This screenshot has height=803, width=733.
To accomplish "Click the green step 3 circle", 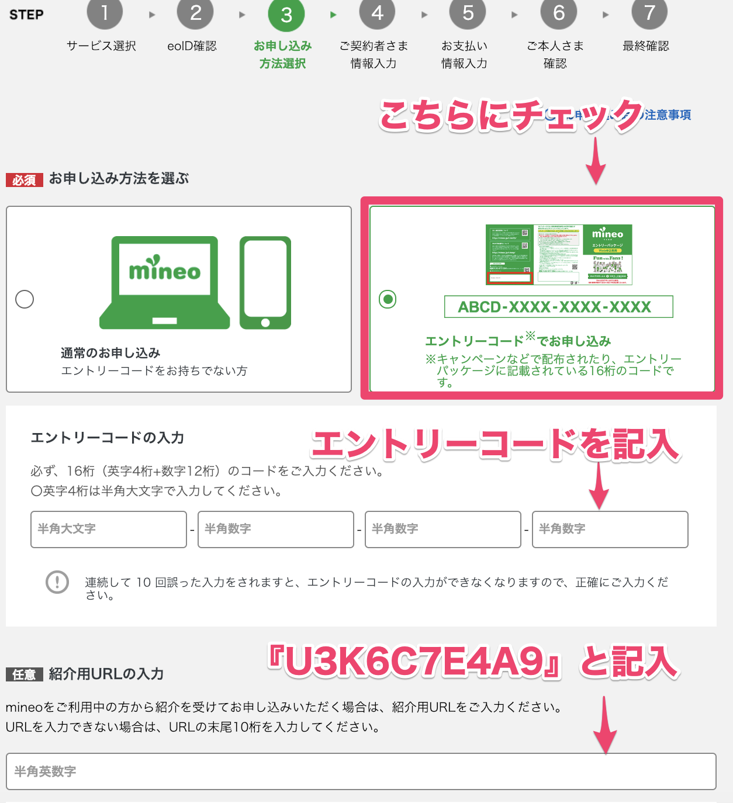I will [x=286, y=14].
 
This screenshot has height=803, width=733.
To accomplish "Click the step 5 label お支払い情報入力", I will [x=464, y=54].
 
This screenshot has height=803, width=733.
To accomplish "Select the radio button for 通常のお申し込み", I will [x=25, y=299].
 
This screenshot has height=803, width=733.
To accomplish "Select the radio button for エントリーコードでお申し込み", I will [x=388, y=299].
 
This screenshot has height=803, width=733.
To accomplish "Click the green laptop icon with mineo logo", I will [x=165, y=282].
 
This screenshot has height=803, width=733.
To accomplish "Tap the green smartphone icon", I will [x=265, y=282].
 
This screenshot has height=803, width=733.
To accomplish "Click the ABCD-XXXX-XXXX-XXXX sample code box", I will [x=558, y=307].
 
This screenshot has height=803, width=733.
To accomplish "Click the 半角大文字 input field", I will [x=109, y=529].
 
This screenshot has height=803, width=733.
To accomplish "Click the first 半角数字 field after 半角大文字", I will [x=276, y=529].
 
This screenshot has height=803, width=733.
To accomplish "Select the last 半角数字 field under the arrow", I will [x=610, y=529].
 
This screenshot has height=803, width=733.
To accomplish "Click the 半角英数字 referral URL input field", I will [x=361, y=771].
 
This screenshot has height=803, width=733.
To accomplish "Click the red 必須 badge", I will [x=25, y=180].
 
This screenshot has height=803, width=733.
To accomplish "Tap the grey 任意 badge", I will [x=25, y=674].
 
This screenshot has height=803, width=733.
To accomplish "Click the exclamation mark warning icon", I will [x=57, y=582].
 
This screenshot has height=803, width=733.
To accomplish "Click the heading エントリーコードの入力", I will [x=108, y=438].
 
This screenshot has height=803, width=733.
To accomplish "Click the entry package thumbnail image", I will [x=559, y=255].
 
